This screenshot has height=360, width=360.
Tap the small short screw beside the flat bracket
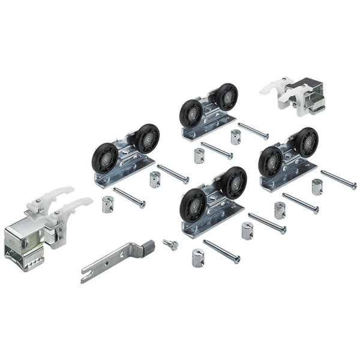pos(170,244)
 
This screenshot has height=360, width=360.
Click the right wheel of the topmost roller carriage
pos(226,97)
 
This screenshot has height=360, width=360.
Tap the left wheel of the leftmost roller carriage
pos(104,157)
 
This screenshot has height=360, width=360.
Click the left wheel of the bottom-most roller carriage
pos(193,204)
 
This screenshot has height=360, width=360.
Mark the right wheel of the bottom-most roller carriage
pos(233,182)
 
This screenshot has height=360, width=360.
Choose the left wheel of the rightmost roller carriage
pos(271,161)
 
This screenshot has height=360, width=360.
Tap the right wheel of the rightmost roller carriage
pos(305,142)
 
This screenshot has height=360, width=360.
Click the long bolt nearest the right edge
pos(338,179)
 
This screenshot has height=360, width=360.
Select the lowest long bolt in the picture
pos(221,251)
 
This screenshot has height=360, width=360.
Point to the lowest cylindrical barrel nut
pos(199,258)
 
